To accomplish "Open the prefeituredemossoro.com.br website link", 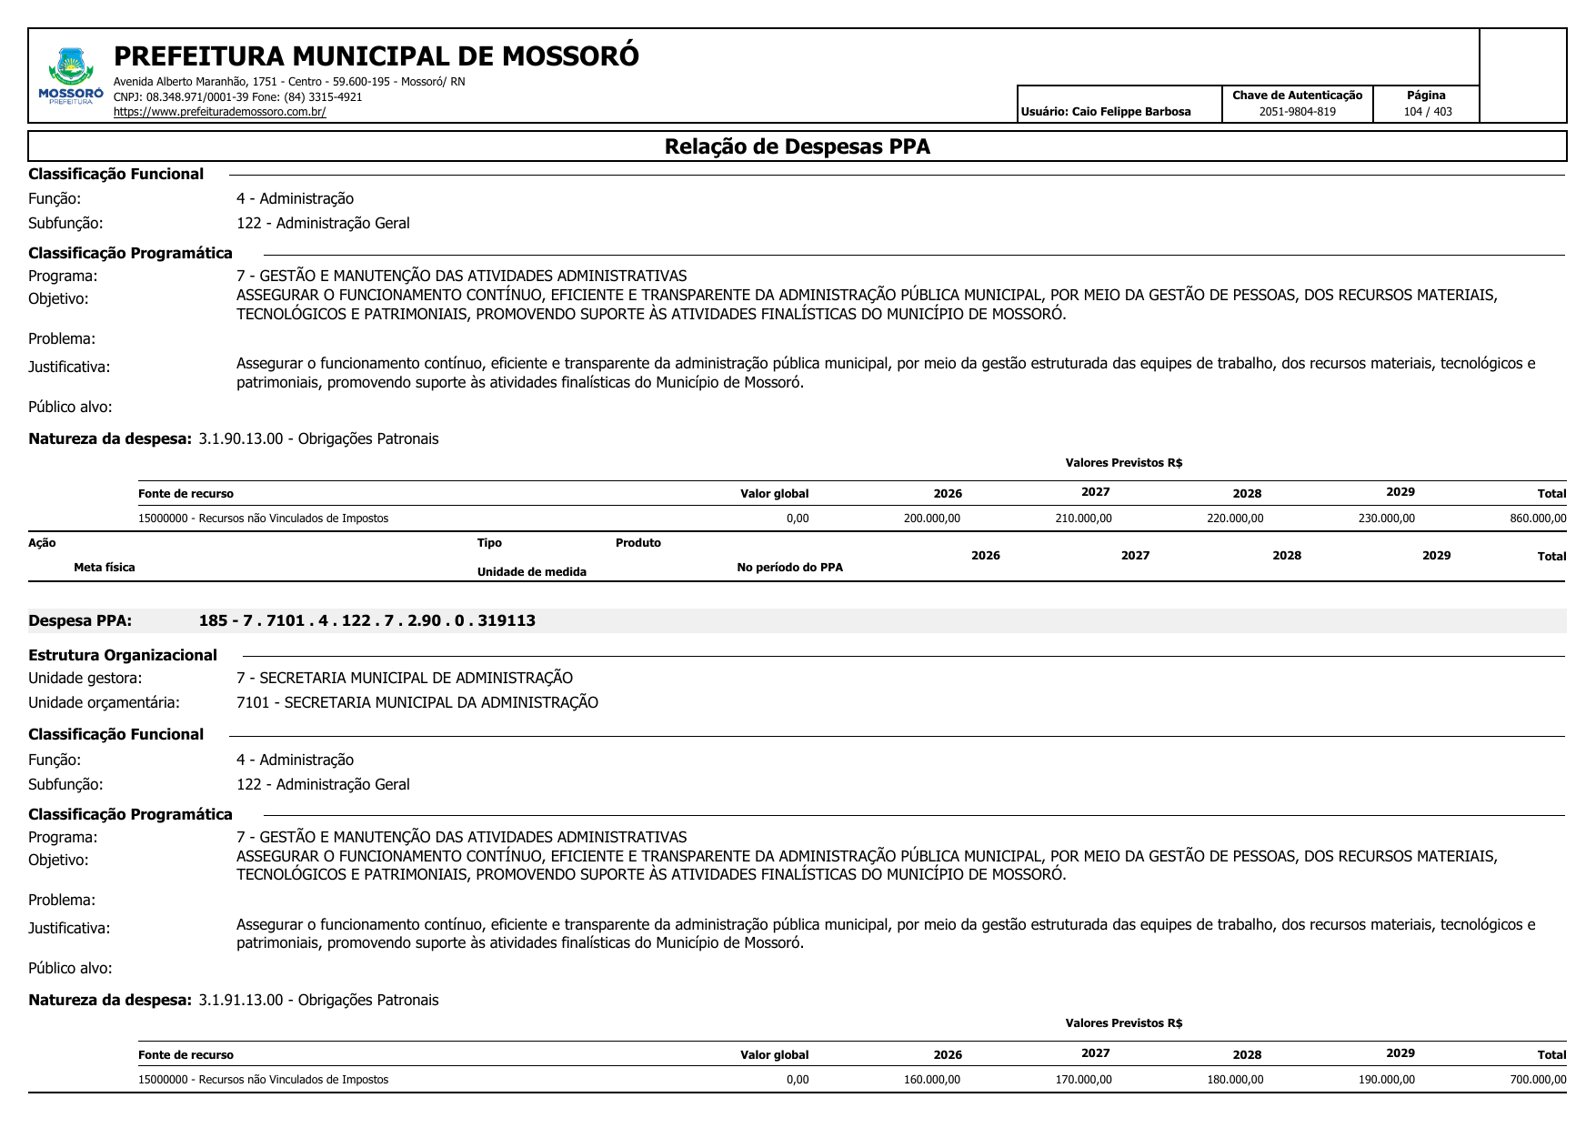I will point(219,112).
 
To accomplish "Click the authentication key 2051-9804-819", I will point(1297,112).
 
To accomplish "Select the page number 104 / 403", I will point(1427,112).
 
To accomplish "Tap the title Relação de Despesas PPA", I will point(797,146).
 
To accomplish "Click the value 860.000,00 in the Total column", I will point(1538,519).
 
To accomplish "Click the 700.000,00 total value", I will point(1538,1080).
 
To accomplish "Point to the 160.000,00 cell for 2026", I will point(932,1080).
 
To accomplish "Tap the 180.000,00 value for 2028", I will point(1235,1080).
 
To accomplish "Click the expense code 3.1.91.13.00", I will point(240,1000).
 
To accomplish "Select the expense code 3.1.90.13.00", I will point(240,438).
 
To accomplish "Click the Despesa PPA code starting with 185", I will point(366,620).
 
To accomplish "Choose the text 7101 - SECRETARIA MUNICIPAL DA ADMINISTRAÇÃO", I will point(417,702).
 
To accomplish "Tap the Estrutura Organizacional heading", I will point(123,655).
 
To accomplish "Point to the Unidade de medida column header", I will point(531,572).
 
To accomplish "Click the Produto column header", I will point(637,543).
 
